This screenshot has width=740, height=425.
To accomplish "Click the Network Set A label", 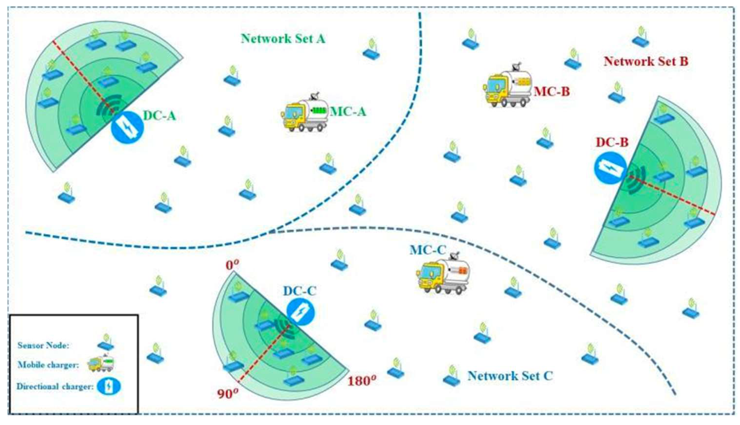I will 283,39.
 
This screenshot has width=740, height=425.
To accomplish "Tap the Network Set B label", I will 646,62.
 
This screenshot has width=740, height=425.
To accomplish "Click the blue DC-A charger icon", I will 127,128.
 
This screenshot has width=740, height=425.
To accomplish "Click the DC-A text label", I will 160,116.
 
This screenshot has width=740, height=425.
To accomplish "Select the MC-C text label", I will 428,250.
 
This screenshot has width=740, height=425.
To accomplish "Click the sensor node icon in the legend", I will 106,342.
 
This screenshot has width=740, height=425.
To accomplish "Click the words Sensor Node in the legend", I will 43,345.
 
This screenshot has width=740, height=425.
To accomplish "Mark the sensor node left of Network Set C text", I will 451,375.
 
